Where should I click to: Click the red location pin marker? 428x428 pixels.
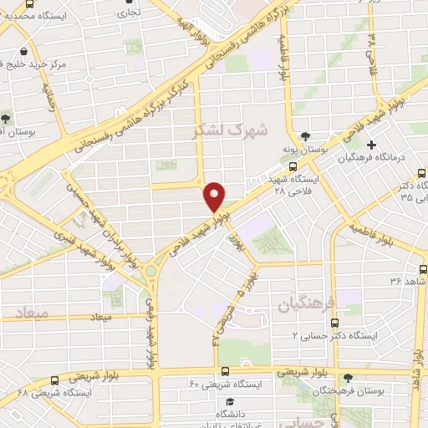[x=214, y=197]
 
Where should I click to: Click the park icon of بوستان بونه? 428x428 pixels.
[x=306, y=135]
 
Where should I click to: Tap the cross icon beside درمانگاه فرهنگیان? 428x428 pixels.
[x=371, y=144]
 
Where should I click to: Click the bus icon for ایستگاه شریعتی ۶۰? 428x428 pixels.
[x=224, y=372]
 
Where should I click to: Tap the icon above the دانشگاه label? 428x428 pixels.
[x=224, y=401]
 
